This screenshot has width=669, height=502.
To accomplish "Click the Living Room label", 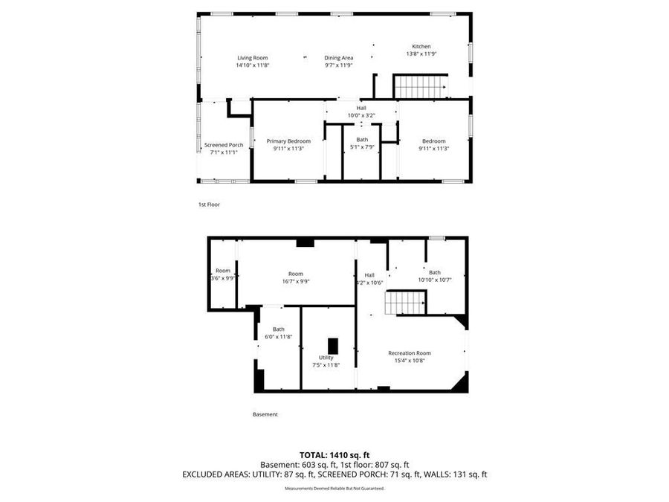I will (x=252, y=58).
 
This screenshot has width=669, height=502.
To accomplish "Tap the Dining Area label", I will (x=338, y=58).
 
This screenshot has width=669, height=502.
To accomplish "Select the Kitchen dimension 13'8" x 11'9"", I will (x=421, y=54).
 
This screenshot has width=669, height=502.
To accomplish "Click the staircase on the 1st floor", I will (x=420, y=86).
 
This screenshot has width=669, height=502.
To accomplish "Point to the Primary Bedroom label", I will (x=288, y=141).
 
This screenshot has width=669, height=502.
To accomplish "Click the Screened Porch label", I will (x=224, y=145).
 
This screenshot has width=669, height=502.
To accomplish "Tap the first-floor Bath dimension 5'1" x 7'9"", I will (x=362, y=148).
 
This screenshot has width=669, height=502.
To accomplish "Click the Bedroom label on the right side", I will (x=433, y=141).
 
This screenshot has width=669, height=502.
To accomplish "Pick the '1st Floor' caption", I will (x=209, y=205).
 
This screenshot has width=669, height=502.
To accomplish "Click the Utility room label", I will (x=326, y=358).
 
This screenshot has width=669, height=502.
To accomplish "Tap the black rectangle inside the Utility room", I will (x=333, y=346).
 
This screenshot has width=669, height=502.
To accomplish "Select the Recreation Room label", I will (x=409, y=353).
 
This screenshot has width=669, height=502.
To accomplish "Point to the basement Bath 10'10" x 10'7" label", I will (x=434, y=272).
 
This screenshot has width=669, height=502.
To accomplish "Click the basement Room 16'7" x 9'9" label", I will (x=296, y=274).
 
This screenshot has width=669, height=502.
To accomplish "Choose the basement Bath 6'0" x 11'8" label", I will (x=278, y=329).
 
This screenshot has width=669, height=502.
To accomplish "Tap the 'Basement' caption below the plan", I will (x=265, y=414).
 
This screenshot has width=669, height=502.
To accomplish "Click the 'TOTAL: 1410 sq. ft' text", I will (x=334, y=454).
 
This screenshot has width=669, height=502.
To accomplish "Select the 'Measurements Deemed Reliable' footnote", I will (x=334, y=489).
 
